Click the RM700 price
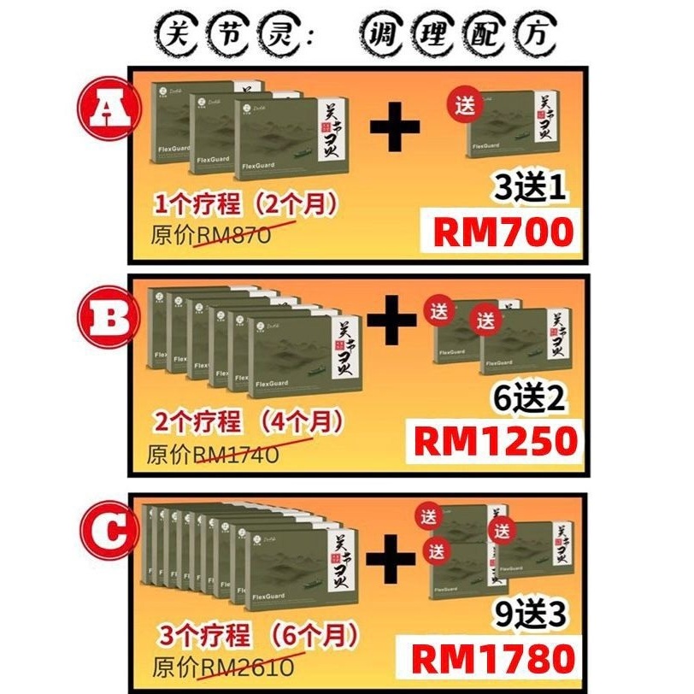503,232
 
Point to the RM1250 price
495,441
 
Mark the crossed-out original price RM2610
248,665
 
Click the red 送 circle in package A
466,105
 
